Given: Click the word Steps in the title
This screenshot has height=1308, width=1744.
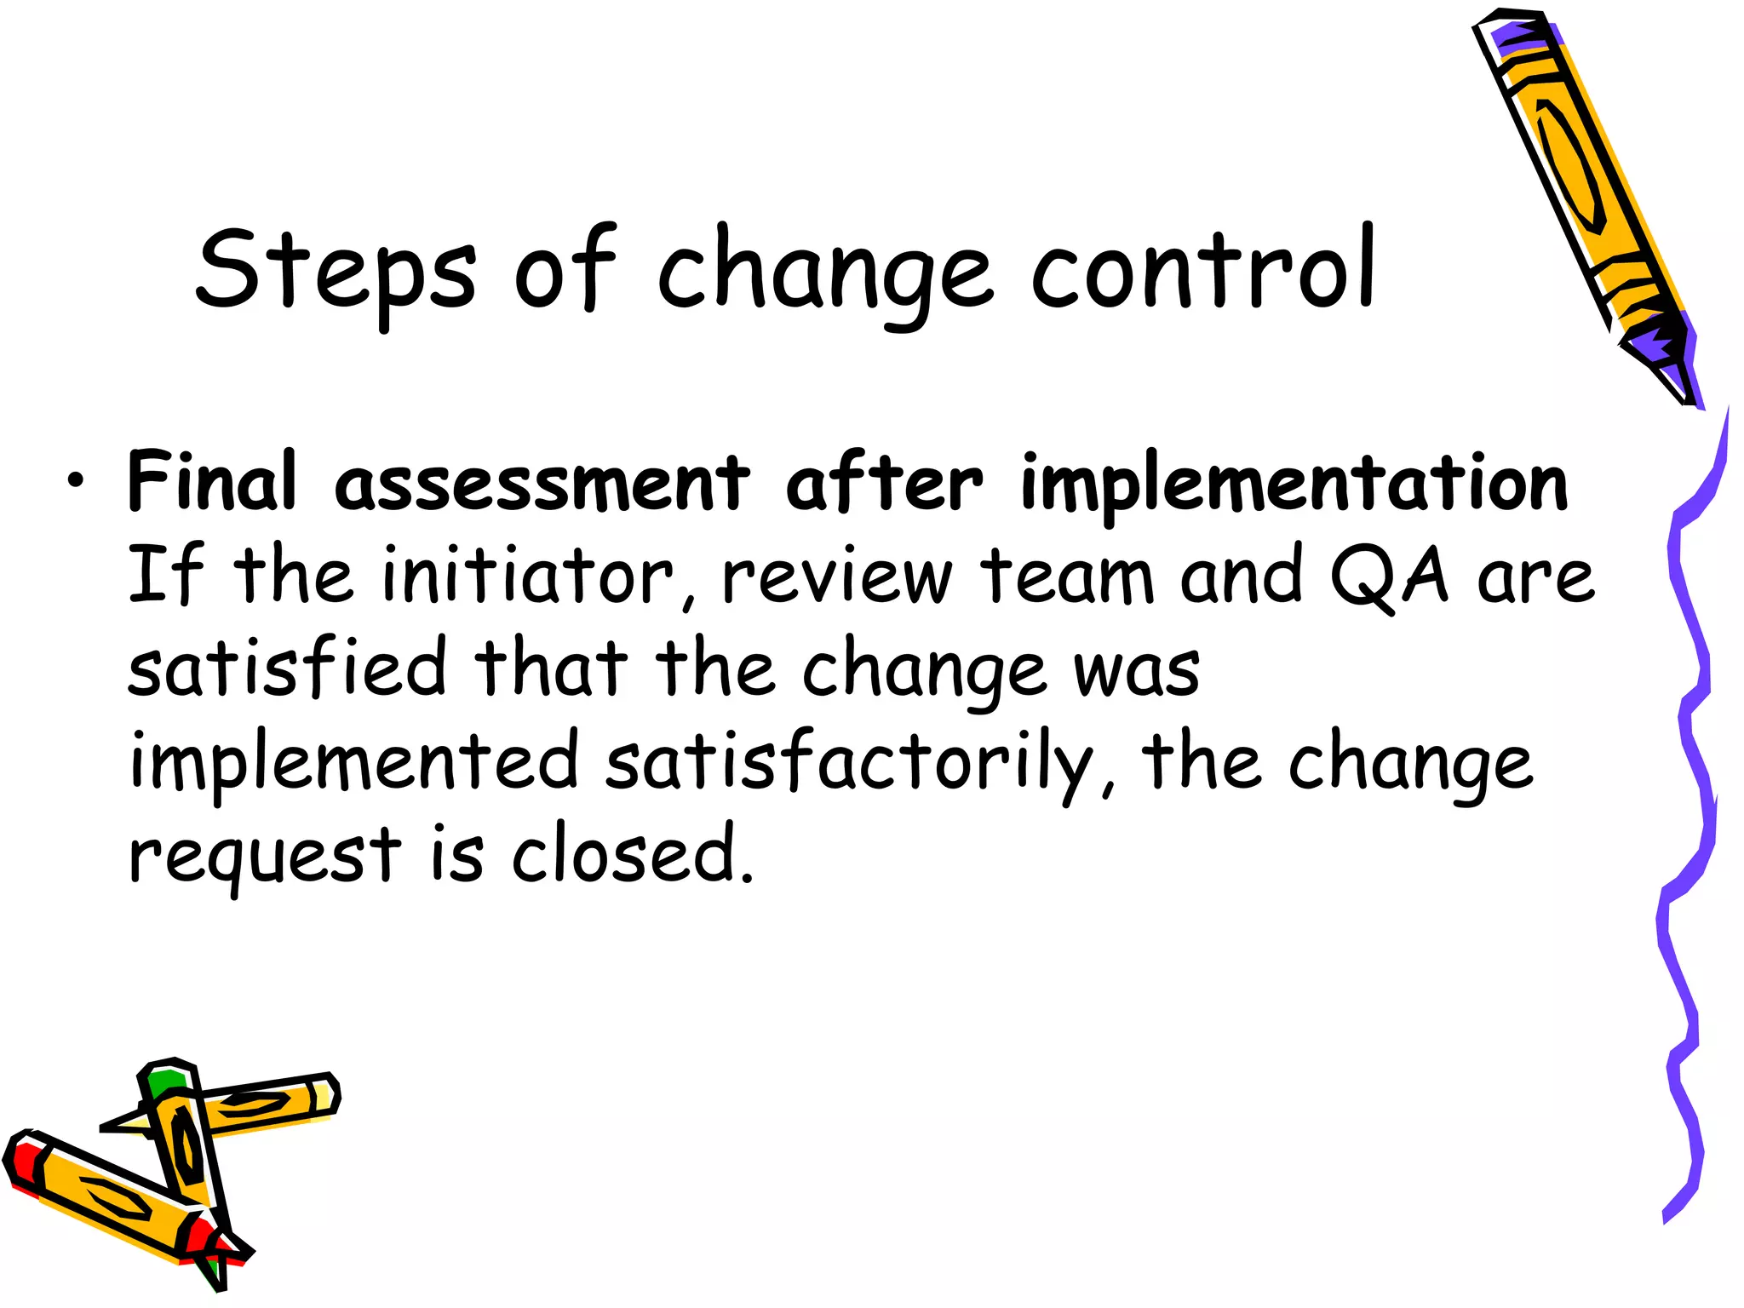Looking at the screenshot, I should (336, 271).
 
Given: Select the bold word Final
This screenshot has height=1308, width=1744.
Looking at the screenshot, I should (212, 481).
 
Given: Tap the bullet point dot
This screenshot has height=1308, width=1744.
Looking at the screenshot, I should (77, 482).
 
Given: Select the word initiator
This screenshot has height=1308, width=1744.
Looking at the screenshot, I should (529, 577).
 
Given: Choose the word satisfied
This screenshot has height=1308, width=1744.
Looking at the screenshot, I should (287, 668).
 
